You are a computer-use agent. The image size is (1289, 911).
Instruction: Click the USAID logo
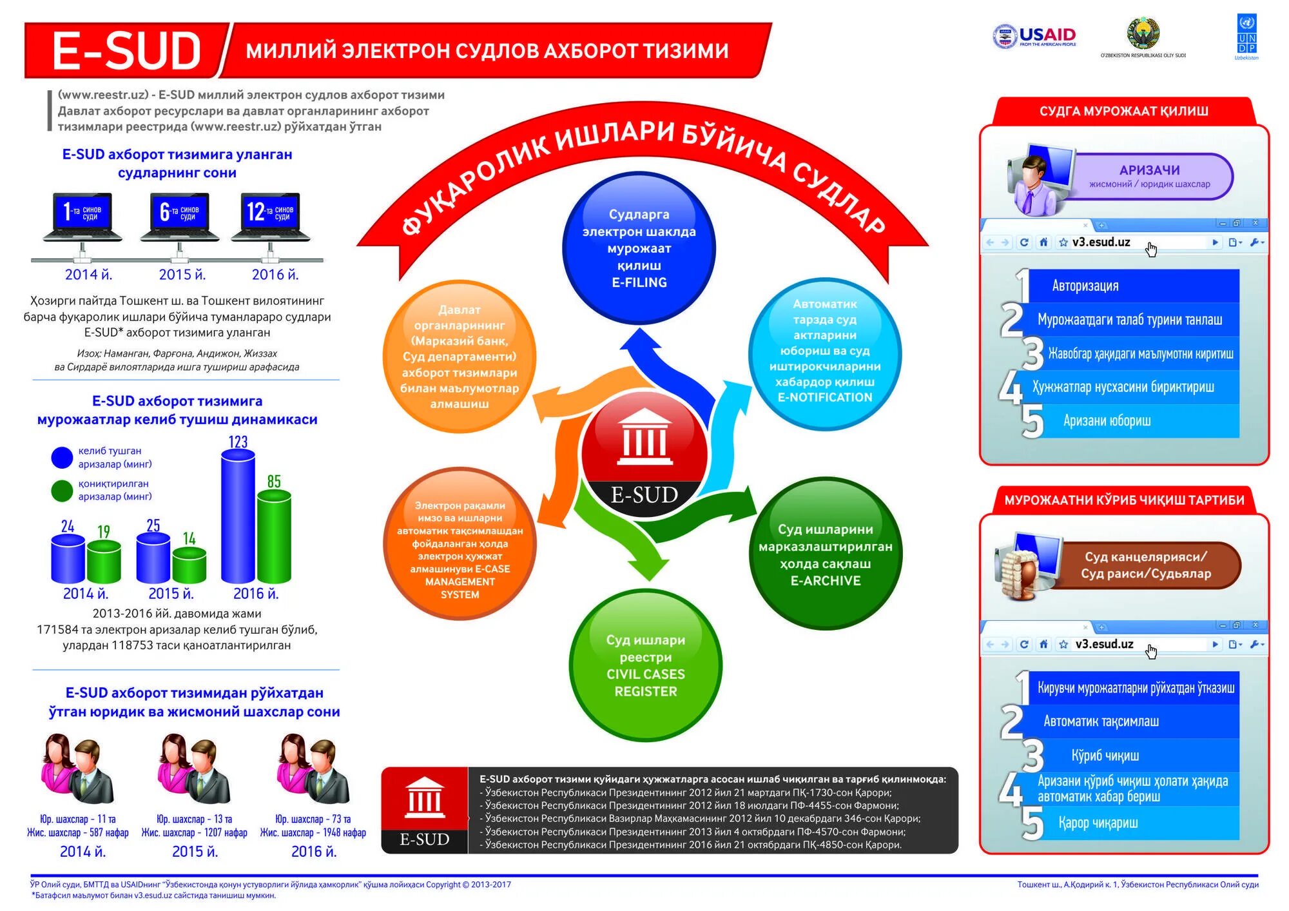(1034, 37)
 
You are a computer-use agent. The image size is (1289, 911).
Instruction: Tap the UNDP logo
(1246, 37)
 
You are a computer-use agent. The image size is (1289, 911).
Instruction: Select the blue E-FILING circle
(639, 248)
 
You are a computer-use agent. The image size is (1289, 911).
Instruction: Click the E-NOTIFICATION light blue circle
(824, 351)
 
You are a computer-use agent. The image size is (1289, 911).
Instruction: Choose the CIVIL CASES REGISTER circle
(645, 665)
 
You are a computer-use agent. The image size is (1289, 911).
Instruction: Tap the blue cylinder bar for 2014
(68, 558)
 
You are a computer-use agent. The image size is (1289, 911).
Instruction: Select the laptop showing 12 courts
(270, 217)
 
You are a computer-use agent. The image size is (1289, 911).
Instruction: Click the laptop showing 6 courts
(180, 217)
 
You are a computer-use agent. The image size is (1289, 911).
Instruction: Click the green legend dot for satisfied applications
(62, 491)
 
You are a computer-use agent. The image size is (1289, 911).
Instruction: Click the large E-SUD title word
(126, 51)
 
